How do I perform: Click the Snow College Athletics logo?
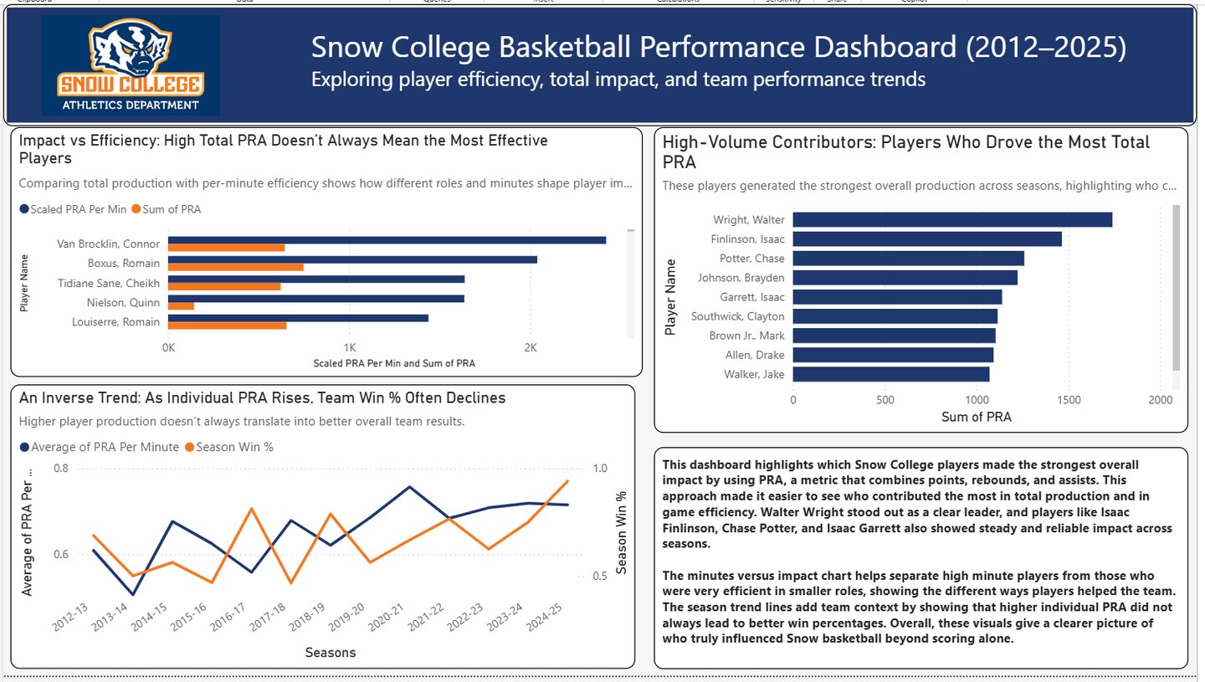click(131, 65)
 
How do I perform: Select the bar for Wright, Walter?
click(952, 219)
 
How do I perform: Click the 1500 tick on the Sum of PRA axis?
click(1069, 400)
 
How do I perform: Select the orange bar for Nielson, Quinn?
click(181, 306)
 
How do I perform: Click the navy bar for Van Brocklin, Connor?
click(387, 240)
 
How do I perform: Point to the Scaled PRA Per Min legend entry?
click(74, 209)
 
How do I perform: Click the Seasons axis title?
click(330, 653)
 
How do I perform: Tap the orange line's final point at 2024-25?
click(568, 481)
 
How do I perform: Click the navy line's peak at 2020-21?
click(408, 486)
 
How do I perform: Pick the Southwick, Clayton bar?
click(895, 316)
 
